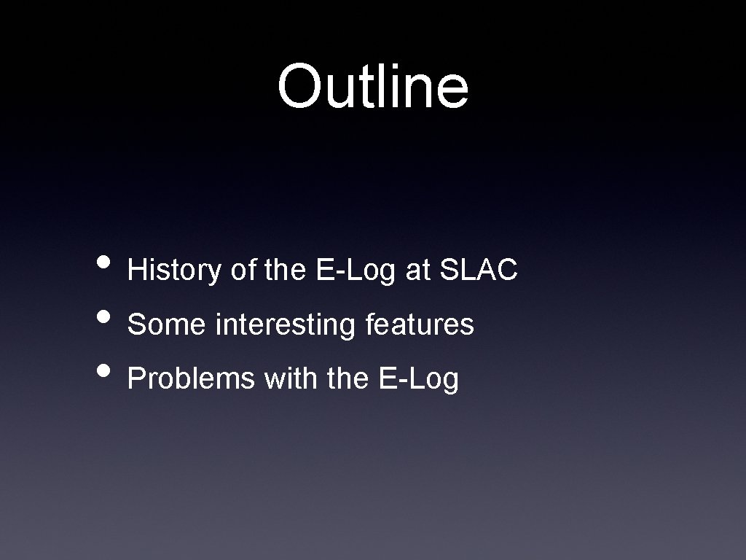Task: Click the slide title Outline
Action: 372,85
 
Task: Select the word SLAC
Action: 479,270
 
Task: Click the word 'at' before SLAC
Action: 418,271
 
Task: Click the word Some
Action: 167,324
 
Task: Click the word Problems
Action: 192,378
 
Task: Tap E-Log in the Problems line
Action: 419,379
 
